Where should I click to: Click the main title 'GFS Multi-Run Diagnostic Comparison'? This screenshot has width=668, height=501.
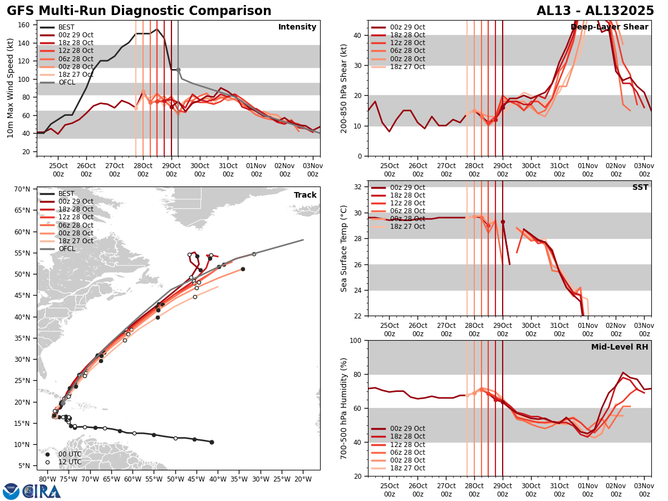tap(139, 11)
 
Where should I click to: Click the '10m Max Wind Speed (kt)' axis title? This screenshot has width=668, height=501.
tap(11, 88)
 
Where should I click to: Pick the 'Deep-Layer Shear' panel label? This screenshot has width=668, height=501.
tap(609, 27)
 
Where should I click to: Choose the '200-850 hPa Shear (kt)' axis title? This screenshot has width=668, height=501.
tap(344, 88)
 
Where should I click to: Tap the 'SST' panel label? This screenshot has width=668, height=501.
tap(640, 188)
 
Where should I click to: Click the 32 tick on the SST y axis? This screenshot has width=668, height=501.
tap(359, 187)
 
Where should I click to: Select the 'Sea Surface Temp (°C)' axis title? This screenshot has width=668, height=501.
tap(344, 248)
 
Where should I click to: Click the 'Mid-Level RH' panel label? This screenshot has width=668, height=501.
tap(620, 347)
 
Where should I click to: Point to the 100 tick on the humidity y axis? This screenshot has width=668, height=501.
tap(356, 340)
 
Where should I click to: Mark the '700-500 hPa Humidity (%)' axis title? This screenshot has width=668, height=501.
tap(344, 408)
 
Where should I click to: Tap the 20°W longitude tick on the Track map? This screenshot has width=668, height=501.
tap(303, 479)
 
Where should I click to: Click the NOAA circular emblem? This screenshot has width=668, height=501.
tap(11, 492)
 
